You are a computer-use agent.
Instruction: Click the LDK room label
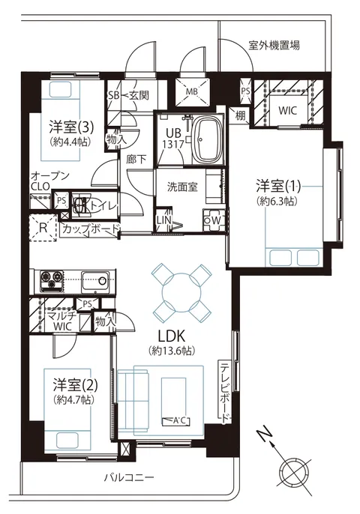tap(172, 336)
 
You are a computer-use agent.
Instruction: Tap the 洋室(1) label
tap(278, 187)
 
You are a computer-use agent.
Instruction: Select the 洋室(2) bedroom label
tap(76, 385)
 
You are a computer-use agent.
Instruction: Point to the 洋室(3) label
tap(71, 127)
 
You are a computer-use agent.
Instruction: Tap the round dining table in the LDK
tap(181, 291)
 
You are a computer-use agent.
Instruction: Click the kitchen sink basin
tap(95, 280)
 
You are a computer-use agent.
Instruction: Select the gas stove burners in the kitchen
tap(51, 281)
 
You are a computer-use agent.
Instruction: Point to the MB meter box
tap(192, 91)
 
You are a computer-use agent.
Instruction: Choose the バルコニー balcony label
tap(129, 477)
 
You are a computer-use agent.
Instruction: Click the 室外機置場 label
tap(274, 45)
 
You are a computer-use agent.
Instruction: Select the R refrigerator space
tap(43, 228)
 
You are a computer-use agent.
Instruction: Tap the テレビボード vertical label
tap(225, 392)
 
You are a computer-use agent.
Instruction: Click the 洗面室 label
tap(182, 187)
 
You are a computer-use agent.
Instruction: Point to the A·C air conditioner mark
tap(176, 420)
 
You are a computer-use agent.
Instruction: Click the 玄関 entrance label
tap(139, 95)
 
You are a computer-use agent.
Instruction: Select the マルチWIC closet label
tap(62, 321)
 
